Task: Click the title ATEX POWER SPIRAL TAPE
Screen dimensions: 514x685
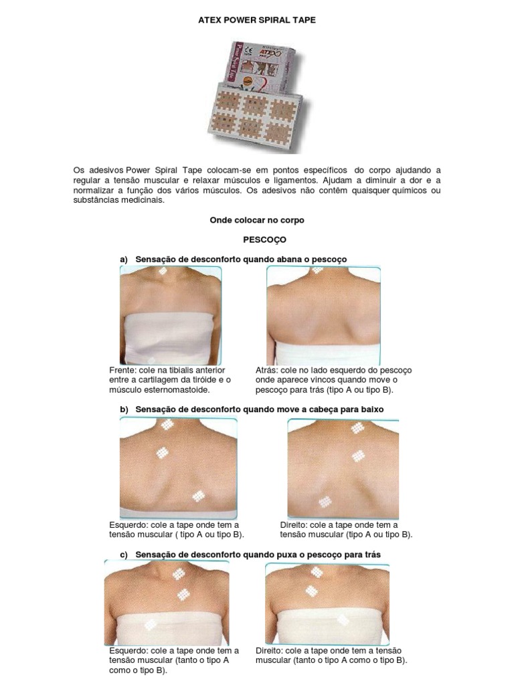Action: pos(256,20)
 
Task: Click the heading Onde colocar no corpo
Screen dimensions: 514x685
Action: pos(257,220)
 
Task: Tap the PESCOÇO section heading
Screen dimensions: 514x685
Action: pos(264,239)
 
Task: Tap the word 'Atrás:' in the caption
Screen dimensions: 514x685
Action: pos(266,370)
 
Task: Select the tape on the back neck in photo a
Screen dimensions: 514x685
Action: pos(317,270)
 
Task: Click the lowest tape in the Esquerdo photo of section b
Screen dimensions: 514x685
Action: pos(199,496)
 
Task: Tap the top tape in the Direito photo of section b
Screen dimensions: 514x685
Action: pos(357,428)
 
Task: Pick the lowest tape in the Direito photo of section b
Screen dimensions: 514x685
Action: pos(325,502)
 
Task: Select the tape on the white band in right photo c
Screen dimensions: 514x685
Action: pos(343,619)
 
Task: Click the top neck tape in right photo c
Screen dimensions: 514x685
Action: pos(317,572)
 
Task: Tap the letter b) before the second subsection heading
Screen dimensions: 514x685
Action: pos(124,410)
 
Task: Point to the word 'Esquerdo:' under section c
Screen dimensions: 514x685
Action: pos(128,651)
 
